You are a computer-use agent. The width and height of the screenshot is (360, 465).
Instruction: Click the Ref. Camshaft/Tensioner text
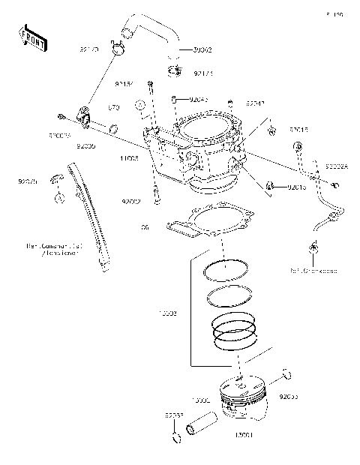pos(52,249)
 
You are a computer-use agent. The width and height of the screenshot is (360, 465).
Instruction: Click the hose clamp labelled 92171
pos(175,73)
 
